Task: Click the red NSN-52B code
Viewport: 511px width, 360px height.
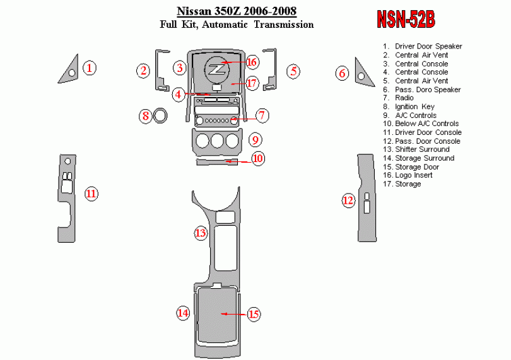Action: (x=405, y=20)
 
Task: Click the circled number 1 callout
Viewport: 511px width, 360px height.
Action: (x=90, y=67)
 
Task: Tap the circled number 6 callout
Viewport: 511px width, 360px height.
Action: (x=343, y=73)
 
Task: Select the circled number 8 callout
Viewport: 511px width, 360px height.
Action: (x=146, y=116)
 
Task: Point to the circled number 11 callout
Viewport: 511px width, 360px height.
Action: (x=91, y=194)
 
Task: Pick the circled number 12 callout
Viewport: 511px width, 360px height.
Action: (x=348, y=200)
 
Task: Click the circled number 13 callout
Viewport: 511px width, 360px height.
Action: (x=201, y=233)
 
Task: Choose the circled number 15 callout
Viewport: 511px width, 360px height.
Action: (x=254, y=313)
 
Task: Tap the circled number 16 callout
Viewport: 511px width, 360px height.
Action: (x=252, y=62)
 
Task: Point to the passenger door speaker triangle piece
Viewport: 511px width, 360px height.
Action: (x=363, y=72)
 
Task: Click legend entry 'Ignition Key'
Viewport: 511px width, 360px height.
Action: (x=414, y=107)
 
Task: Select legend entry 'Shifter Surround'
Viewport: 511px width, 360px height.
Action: (x=422, y=149)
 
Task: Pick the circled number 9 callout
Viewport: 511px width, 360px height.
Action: (x=255, y=139)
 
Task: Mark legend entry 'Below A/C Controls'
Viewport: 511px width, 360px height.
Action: (x=426, y=124)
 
